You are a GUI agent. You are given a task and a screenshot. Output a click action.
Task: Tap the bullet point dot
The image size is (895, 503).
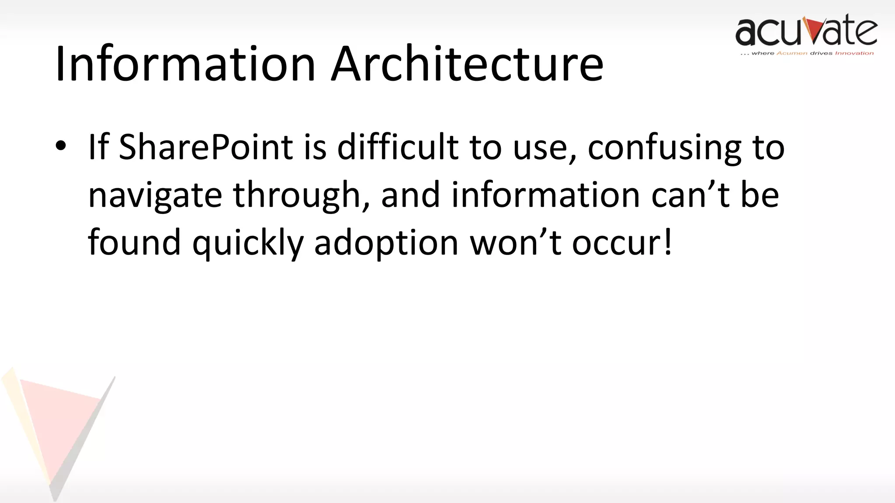tap(61, 146)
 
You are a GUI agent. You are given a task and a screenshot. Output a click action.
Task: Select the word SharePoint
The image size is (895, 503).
tap(205, 148)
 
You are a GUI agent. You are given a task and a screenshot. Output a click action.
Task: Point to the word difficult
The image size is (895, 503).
tap(398, 148)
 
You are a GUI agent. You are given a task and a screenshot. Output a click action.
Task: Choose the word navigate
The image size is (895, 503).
tap(155, 196)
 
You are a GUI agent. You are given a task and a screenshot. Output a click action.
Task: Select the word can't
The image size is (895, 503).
tap(690, 195)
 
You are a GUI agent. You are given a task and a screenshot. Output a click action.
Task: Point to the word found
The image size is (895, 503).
tap(134, 243)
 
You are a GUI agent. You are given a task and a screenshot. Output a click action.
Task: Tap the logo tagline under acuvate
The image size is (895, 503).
tap(807, 53)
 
